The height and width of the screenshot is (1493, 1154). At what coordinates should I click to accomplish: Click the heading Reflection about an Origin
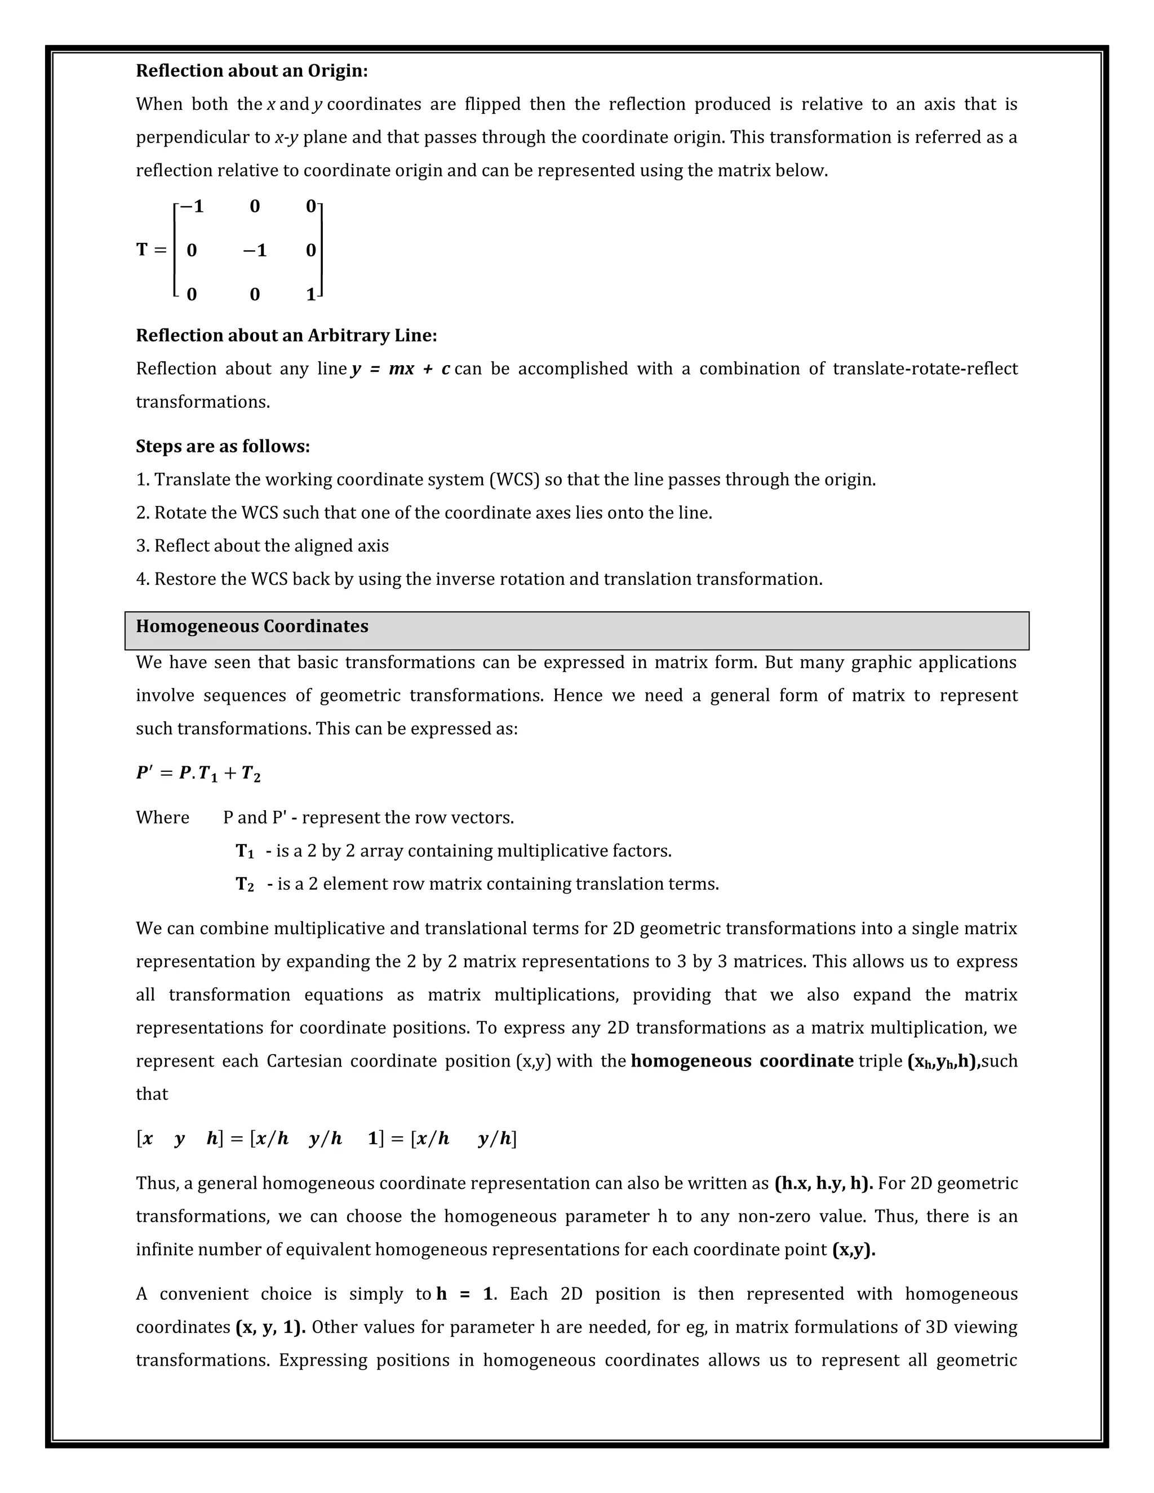(251, 71)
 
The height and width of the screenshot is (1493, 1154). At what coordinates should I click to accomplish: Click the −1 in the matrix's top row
(192, 206)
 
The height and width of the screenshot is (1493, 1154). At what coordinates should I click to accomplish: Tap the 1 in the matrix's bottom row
(310, 295)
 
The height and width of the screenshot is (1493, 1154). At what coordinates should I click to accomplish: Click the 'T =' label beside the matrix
(151, 250)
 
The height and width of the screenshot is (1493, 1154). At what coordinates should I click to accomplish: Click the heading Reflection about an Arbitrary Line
(286, 336)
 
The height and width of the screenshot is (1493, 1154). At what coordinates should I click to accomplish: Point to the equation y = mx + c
(400, 369)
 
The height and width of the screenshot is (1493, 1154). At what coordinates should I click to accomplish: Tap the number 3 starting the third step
(140, 546)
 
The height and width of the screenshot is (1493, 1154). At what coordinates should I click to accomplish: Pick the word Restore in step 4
(180, 579)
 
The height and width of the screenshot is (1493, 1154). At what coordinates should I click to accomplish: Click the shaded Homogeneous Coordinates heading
(251, 627)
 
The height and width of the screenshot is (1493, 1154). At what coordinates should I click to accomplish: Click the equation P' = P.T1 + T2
(198, 774)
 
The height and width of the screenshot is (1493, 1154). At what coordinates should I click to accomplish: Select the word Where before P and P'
(162, 817)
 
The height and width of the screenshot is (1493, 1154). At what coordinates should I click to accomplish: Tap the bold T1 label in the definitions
(245, 852)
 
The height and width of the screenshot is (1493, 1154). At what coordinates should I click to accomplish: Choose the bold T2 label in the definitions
(245, 885)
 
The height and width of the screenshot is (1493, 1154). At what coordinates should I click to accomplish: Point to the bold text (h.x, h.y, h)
(823, 1183)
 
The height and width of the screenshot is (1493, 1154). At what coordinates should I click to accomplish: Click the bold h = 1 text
(464, 1294)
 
